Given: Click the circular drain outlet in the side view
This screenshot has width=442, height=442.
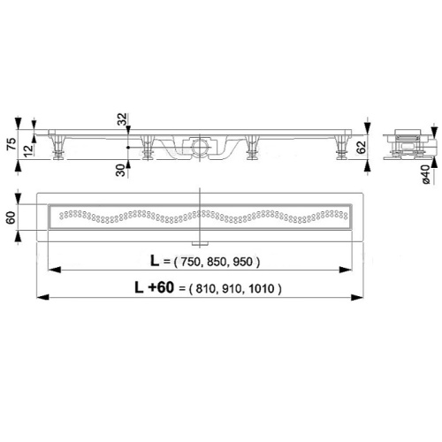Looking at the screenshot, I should tap(202, 146).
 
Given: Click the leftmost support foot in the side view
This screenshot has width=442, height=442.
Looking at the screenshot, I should tap(59, 149).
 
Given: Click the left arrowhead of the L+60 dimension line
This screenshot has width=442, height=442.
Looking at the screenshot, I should tap(41, 297).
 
